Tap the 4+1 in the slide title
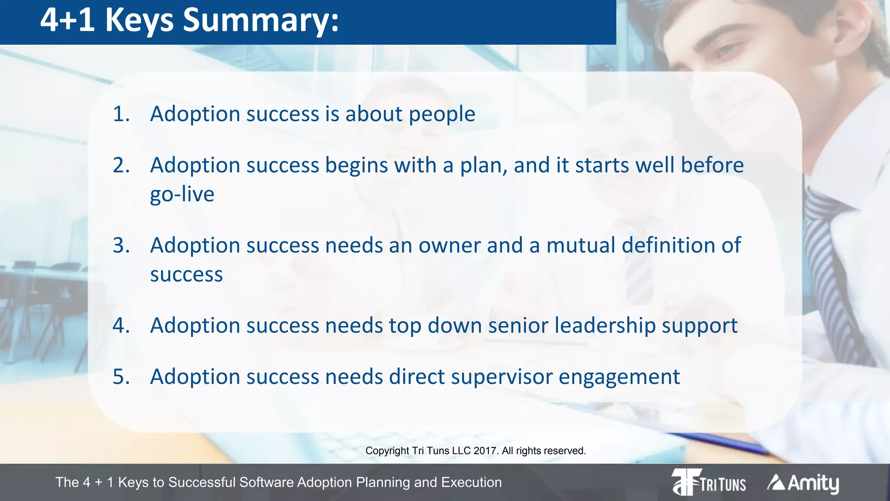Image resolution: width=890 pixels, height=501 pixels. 67,20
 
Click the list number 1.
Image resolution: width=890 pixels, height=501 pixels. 121,114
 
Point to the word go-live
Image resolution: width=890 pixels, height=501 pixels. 182,194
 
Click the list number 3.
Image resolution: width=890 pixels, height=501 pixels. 121,246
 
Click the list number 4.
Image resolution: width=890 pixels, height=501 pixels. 121,326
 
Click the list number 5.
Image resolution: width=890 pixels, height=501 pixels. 121,377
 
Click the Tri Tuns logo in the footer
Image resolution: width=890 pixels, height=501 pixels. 708,482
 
